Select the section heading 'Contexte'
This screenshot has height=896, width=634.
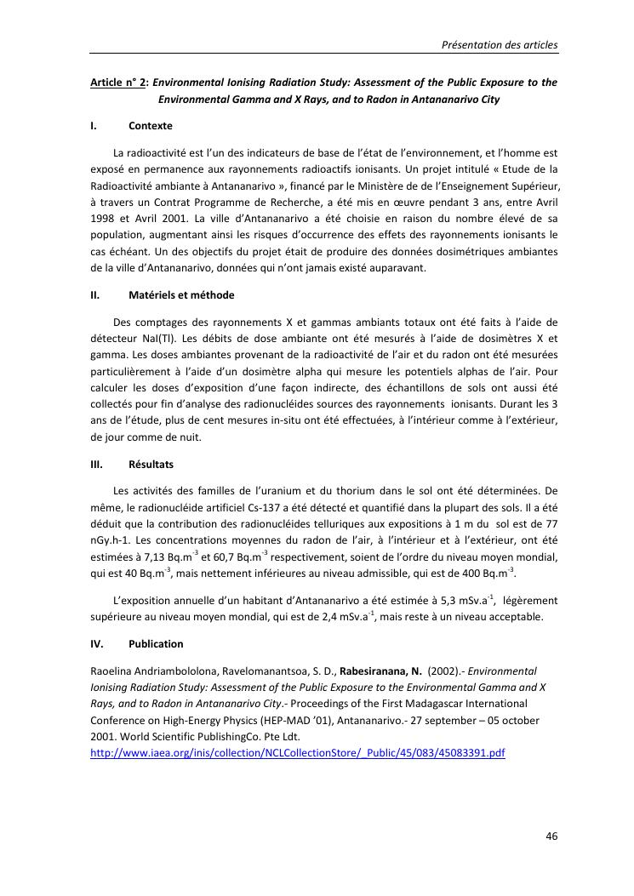151,126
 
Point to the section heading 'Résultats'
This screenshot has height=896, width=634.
151,465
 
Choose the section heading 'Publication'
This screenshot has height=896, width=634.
156,644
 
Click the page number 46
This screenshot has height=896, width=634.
551,836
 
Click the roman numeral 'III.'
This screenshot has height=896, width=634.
96,465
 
